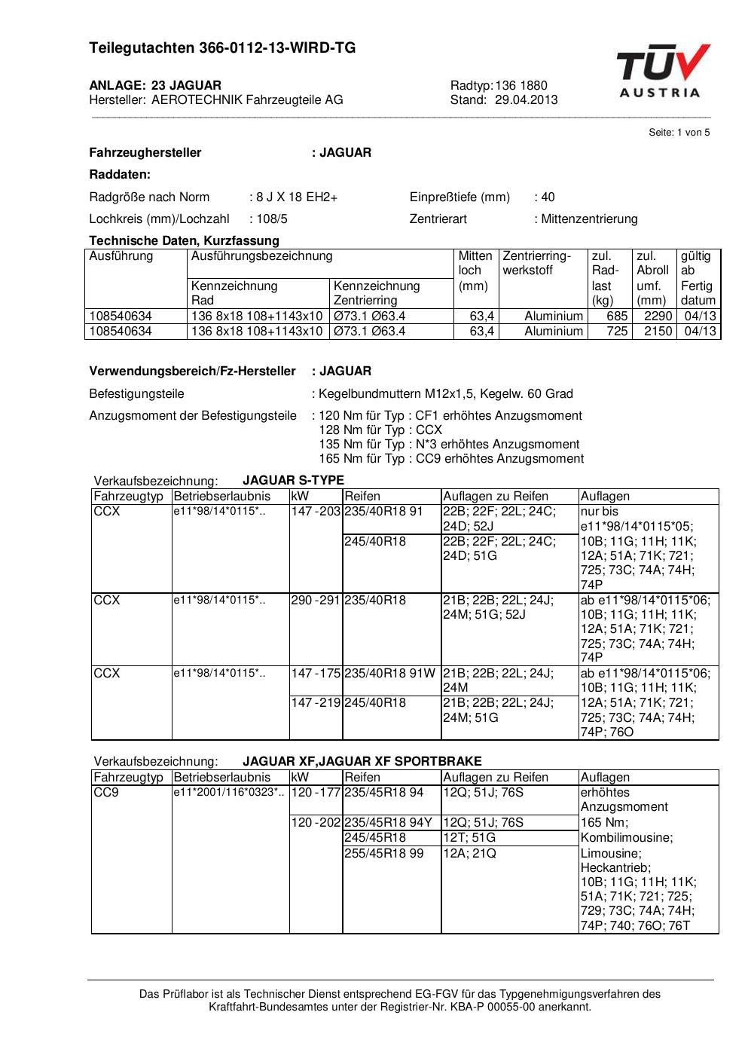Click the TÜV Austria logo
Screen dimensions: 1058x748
[x=663, y=72]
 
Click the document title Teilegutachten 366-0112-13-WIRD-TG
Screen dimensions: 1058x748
[x=222, y=48]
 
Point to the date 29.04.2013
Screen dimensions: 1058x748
[x=527, y=99]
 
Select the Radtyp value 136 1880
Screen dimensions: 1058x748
[x=521, y=85]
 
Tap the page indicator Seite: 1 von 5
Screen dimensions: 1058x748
[x=679, y=133]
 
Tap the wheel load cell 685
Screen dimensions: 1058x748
[x=617, y=316]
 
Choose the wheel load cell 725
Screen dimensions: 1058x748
[x=617, y=332]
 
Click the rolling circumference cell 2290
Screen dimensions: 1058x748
[x=658, y=316]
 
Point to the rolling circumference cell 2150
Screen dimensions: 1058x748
[x=658, y=332]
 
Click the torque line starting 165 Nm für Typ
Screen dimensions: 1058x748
[x=451, y=458]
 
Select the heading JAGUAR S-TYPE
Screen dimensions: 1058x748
[x=293, y=480]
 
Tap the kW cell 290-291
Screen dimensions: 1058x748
[x=316, y=601]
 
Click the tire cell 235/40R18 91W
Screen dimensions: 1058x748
[x=389, y=673]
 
